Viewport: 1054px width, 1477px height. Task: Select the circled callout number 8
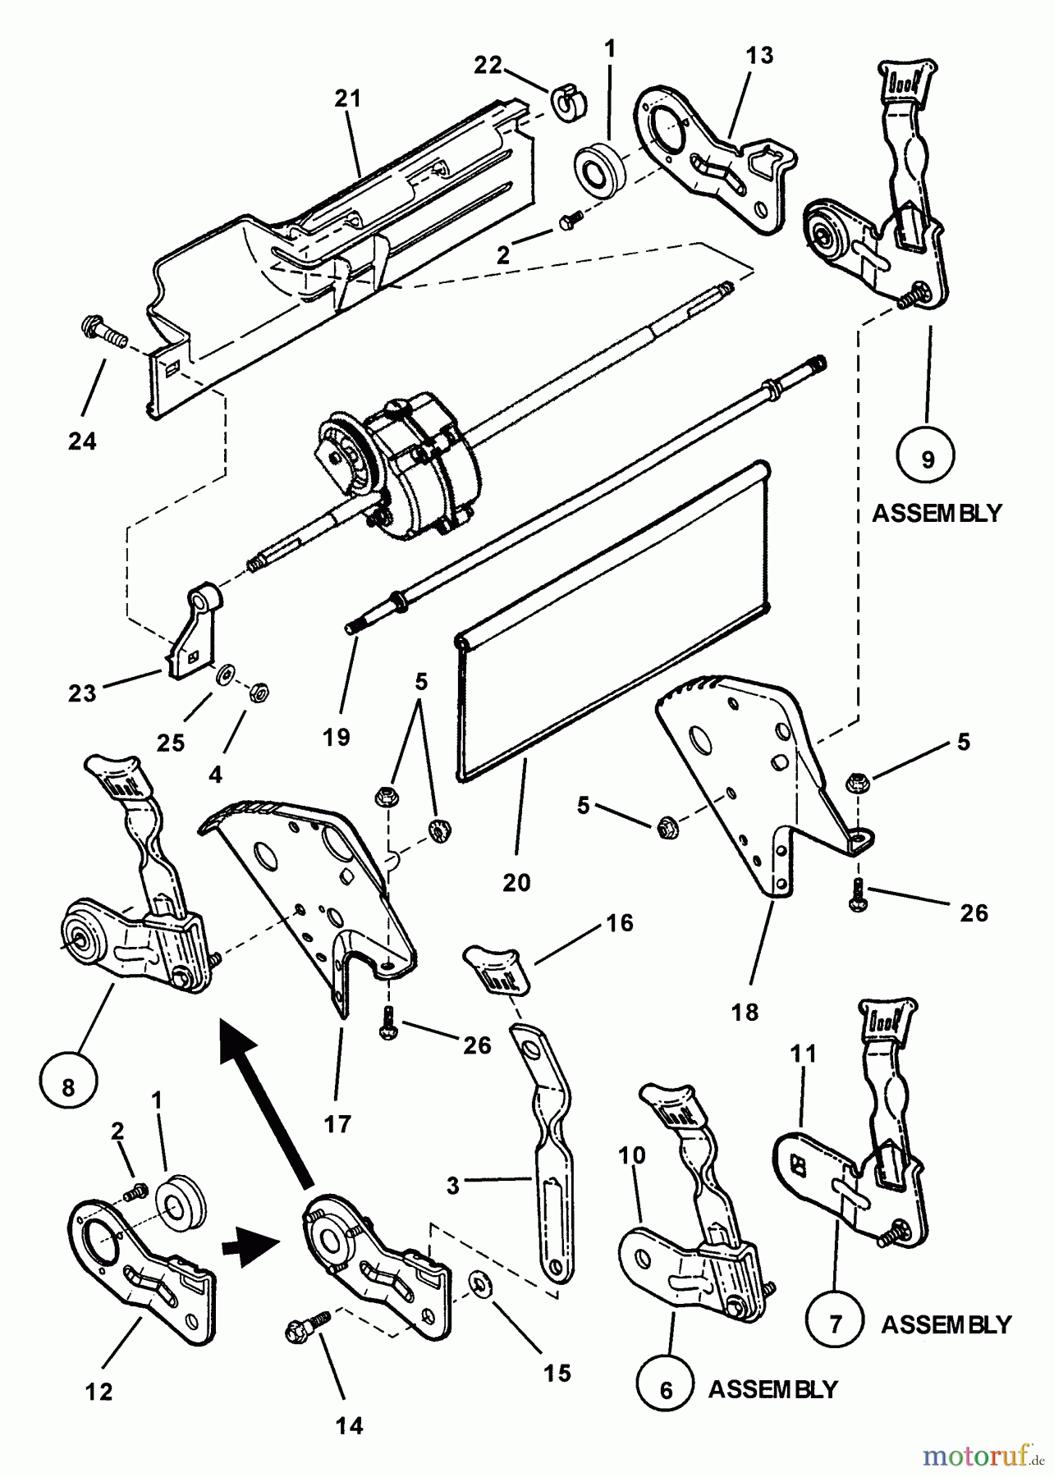[x=69, y=1088]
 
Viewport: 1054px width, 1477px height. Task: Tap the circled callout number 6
[x=666, y=1390]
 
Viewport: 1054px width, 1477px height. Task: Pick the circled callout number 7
[x=834, y=1324]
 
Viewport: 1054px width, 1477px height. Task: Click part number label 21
[x=348, y=98]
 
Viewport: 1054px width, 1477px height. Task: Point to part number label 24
[x=82, y=441]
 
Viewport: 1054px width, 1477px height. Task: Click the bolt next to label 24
[x=103, y=335]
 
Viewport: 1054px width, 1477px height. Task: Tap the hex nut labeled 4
[x=256, y=691]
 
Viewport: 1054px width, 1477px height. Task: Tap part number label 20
[x=517, y=883]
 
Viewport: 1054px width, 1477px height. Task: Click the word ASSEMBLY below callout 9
[x=937, y=514]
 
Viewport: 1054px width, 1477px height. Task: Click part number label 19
[x=337, y=737]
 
